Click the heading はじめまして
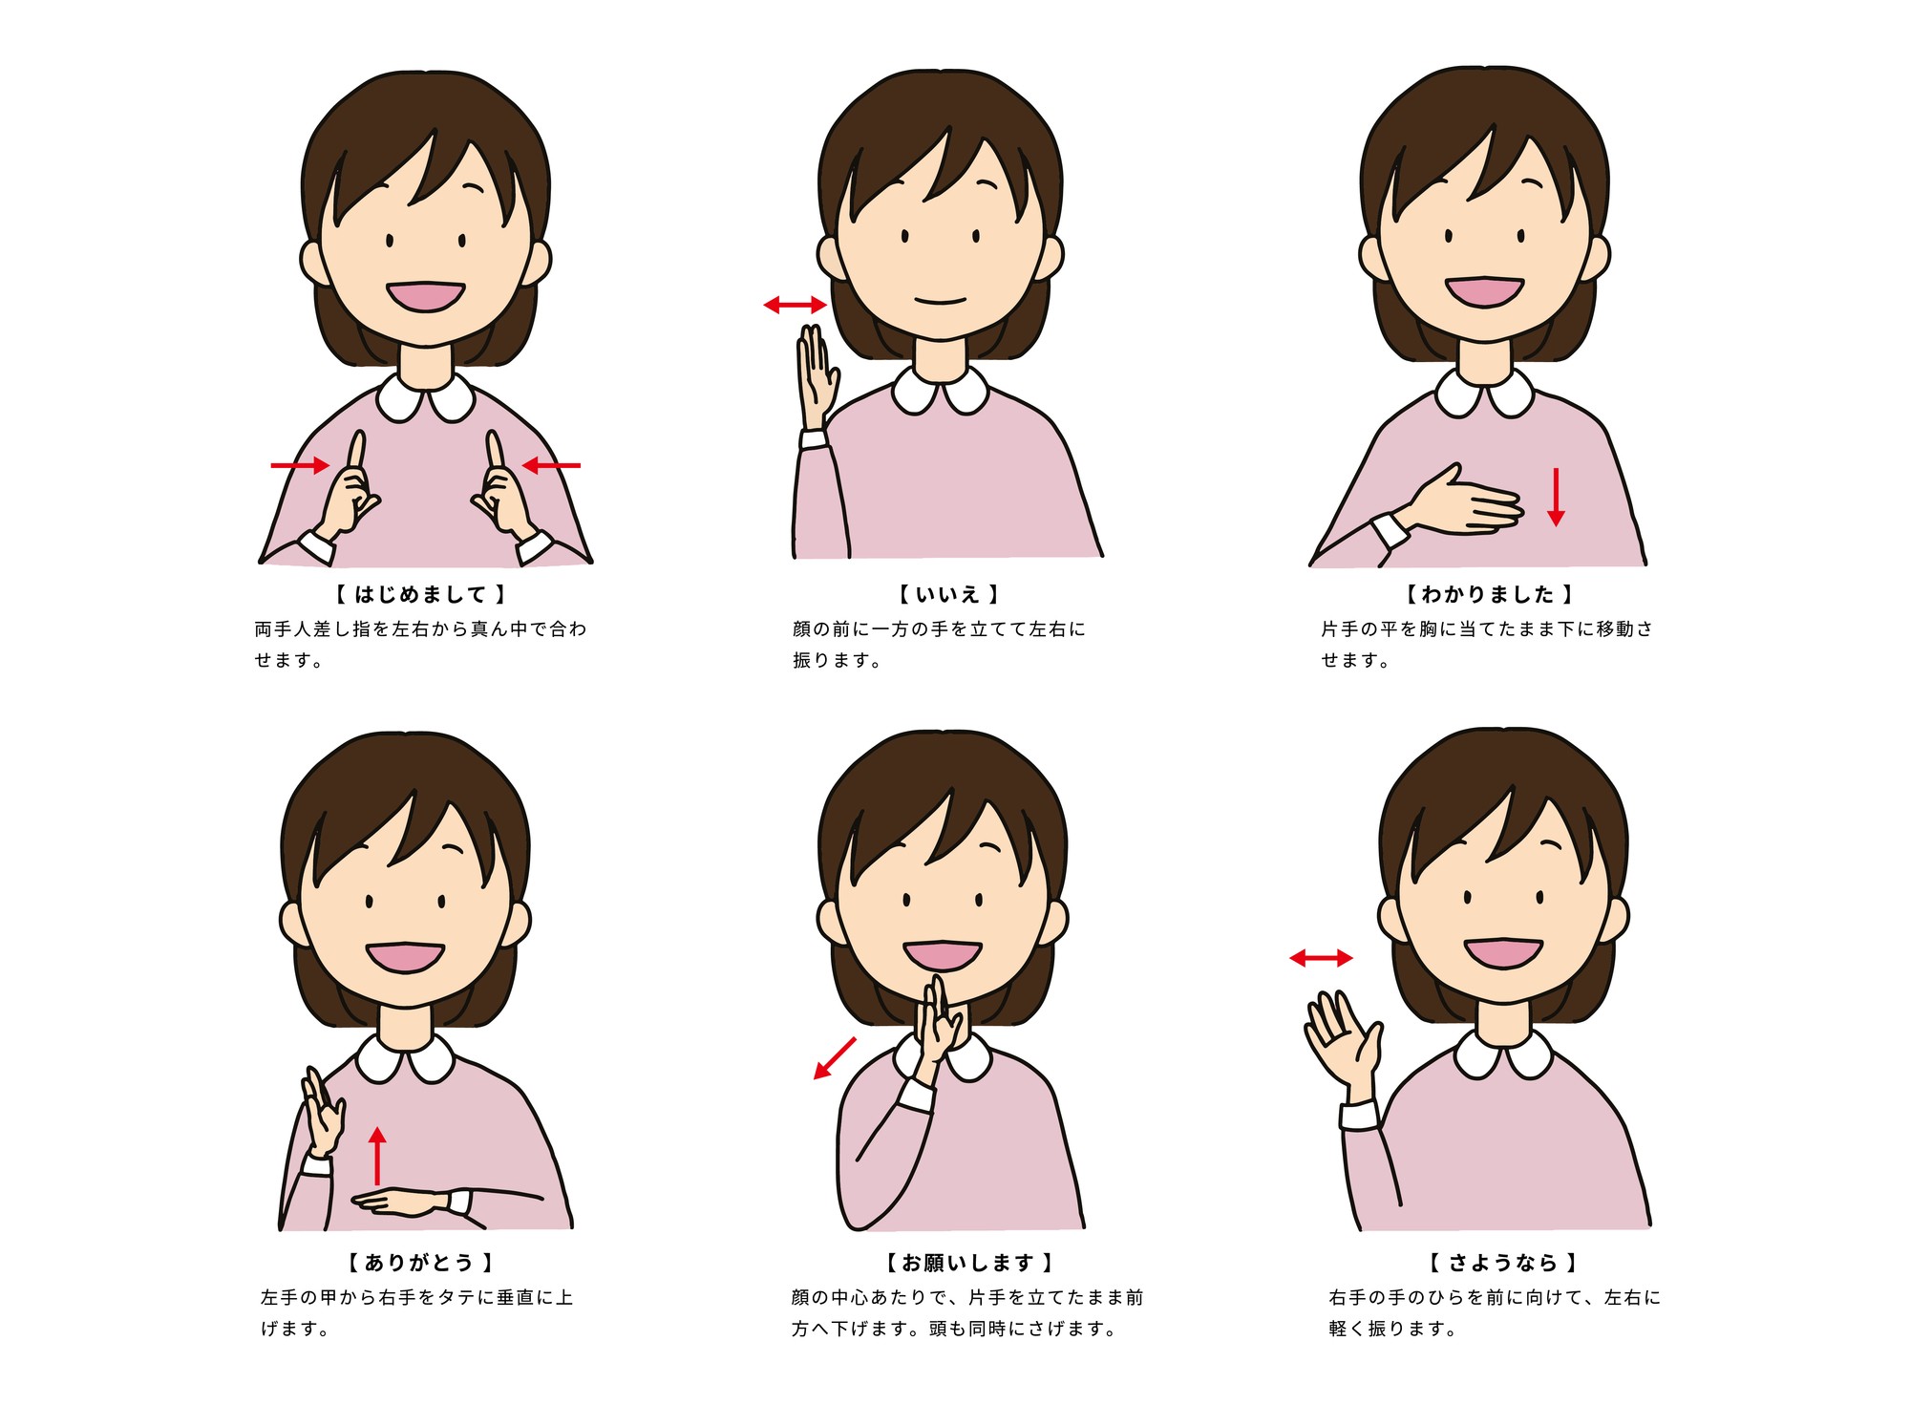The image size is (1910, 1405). click(421, 594)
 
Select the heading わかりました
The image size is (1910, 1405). click(1488, 594)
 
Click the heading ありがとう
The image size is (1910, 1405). click(419, 1263)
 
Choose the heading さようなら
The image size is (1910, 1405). click(1503, 1263)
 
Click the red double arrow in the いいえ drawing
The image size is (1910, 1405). click(795, 305)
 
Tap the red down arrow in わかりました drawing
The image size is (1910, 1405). click(1556, 497)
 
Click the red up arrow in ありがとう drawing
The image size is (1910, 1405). click(377, 1156)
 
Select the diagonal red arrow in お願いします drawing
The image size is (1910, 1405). click(835, 1058)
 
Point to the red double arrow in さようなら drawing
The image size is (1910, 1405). click(1321, 958)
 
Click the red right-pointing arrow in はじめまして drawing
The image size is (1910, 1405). click(301, 465)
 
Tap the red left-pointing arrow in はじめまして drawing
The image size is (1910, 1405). click(551, 465)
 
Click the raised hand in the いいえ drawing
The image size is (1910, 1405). click(817, 377)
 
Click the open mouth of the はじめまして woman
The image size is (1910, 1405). click(425, 296)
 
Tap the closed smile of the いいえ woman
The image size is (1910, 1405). click(941, 301)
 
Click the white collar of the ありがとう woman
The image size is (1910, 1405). click(406, 1056)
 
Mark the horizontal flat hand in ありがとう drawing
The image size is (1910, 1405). click(399, 1202)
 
